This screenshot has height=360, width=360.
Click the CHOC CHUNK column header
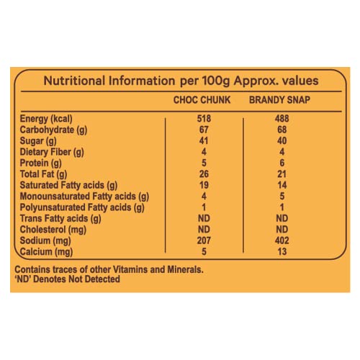202,100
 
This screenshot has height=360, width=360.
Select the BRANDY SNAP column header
279,100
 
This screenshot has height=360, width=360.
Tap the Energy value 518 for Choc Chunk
204,119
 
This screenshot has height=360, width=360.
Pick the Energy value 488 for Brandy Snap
282,119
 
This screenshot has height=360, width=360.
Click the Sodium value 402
282,240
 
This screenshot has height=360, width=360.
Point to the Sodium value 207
204,240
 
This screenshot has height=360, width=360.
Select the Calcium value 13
282,251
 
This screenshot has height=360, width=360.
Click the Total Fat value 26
204,174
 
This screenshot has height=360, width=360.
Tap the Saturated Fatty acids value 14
282,185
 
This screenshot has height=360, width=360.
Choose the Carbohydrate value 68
282,130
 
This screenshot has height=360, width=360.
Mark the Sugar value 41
204,140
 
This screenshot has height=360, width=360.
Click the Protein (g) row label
40,163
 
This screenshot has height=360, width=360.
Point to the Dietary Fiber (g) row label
52,153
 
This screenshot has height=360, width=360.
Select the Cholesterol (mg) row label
53,230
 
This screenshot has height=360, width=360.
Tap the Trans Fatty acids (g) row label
60,219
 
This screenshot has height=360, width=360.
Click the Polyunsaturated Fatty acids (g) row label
82,208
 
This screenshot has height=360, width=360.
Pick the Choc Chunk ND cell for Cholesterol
204,230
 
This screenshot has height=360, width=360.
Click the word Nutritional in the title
74,81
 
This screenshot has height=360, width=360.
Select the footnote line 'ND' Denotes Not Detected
68,279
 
